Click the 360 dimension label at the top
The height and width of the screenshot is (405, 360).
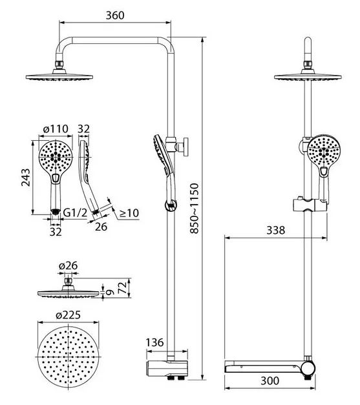click(115, 16)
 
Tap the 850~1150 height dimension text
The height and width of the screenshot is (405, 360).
click(194, 209)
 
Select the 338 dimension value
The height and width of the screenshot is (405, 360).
click(276, 230)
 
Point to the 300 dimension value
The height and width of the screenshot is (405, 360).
click(270, 380)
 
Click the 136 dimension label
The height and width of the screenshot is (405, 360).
click(155, 342)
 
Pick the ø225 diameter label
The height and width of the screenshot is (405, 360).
click(69, 315)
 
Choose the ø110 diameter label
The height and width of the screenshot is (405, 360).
click(56, 129)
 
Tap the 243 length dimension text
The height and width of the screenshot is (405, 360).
click(26, 177)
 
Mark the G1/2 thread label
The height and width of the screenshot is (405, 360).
click(75, 213)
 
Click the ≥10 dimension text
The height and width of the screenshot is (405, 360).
click(129, 213)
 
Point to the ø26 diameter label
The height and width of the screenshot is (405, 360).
click(69, 265)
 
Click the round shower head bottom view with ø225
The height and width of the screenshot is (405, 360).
click(69, 357)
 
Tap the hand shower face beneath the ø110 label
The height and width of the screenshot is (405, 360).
click(56, 157)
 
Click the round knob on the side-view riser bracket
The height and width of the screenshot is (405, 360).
click(185, 147)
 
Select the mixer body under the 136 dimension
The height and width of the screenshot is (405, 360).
click(167, 368)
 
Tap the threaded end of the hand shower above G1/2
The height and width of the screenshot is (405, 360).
click(56, 211)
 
